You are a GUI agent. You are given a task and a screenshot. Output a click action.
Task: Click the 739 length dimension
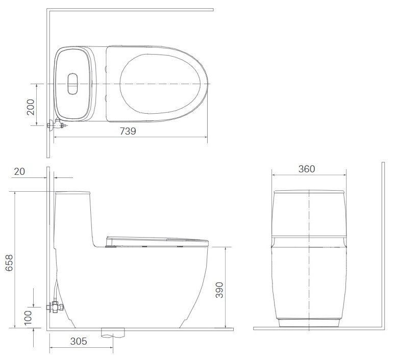tap(128, 131)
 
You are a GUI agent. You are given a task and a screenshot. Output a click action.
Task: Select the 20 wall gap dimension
tap(19, 171)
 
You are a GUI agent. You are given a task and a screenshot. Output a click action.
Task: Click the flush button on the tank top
tap(73, 84)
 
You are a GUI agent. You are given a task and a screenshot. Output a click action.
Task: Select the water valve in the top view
tap(55, 124)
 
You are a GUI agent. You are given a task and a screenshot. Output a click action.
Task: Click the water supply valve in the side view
tap(54, 306)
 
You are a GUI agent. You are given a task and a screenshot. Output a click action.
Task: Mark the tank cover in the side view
tap(72, 193)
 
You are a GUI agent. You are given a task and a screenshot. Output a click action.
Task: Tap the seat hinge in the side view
tap(110, 246)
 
